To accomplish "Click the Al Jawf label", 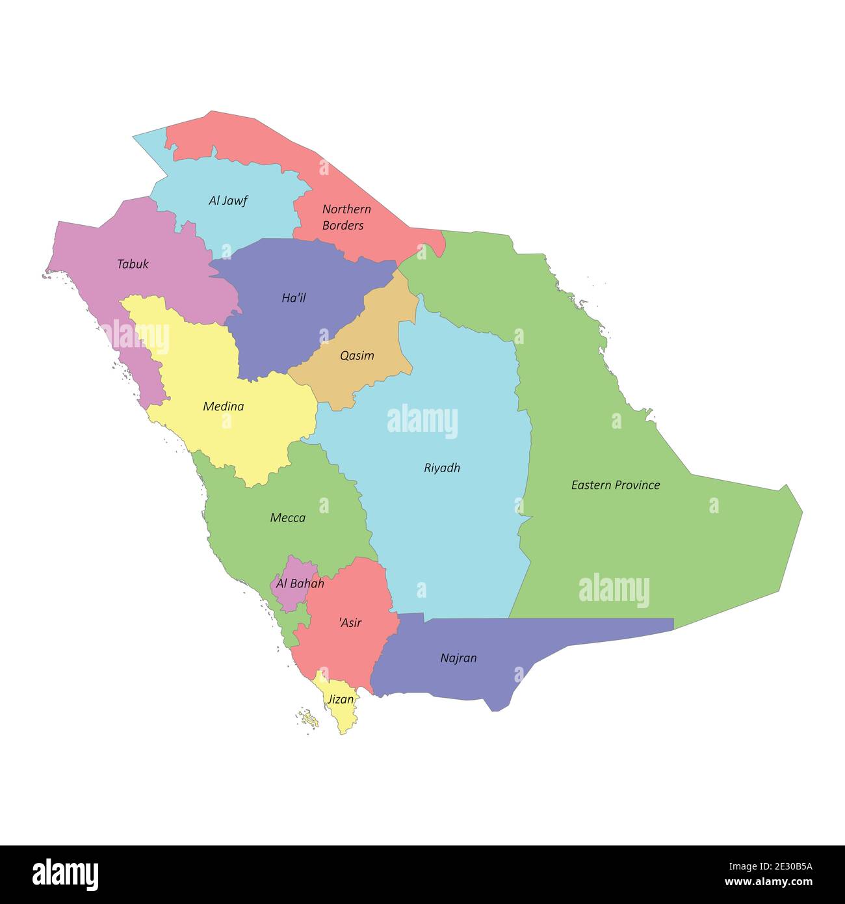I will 227,200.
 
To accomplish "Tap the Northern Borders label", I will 346,217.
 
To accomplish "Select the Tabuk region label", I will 133,264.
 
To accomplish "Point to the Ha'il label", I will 294,298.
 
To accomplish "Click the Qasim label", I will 357,356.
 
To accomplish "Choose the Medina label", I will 224,406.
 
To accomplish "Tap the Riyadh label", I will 442,468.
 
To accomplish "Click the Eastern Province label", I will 615,485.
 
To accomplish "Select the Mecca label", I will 287,518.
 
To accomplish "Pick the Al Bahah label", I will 300,583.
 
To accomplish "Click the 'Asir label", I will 350,622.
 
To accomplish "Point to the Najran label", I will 458,658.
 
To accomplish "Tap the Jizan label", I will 341,700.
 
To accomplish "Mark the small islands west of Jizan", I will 310,719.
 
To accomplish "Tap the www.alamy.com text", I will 768,883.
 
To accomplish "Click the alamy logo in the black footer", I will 66,874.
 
